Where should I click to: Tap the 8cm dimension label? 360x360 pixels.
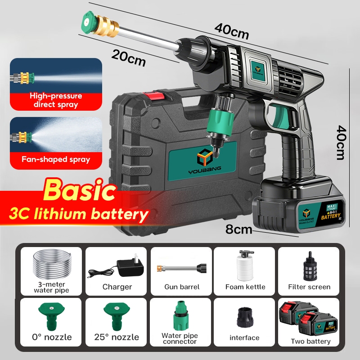pyautogui.click(x=239, y=229)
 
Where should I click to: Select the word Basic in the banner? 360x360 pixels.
pyautogui.click(x=79, y=191)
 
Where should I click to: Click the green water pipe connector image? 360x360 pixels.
pyautogui.click(x=181, y=315)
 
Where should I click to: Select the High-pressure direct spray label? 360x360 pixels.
pyautogui.click(x=55, y=100)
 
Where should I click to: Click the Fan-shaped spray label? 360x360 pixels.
pyautogui.click(x=55, y=159)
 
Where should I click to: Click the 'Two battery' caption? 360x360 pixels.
pyautogui.click(x=310, y=341)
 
